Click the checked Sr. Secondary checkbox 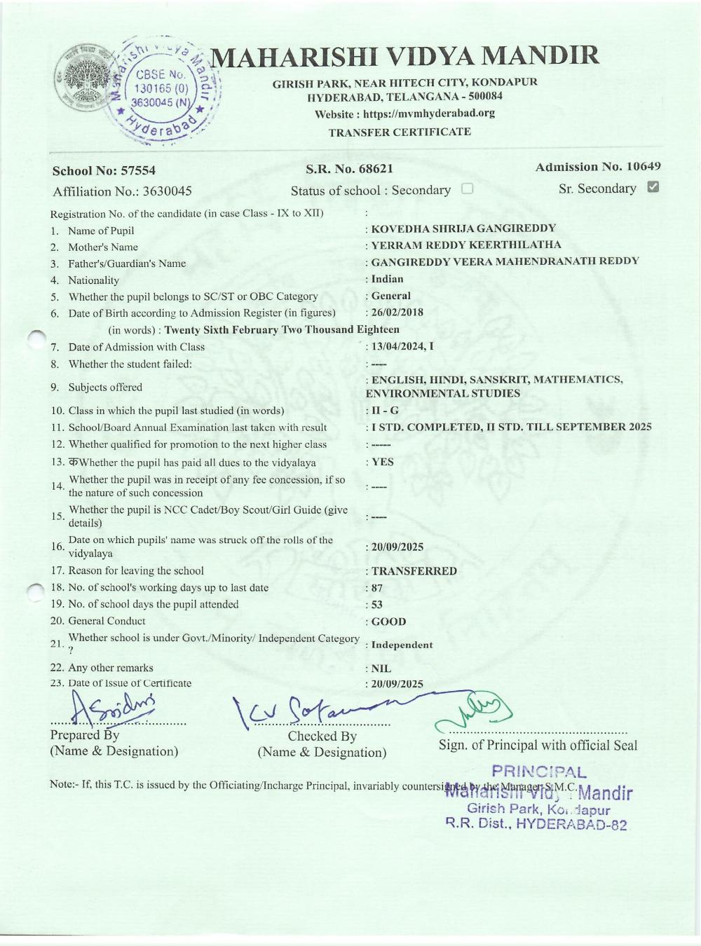[x=653, y=187]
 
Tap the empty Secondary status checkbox [x=468, y=188]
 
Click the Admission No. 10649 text [x=597, y=167]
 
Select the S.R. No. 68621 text [x=349, y=168]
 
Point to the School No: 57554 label [x=104, y=170]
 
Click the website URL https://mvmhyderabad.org [x=428, y=114]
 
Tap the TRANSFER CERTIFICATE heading [x=400, y=132]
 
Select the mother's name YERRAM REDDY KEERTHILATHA [x=465, y=245]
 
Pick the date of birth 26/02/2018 [x=397, y=313]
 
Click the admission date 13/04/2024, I [x=402, y=346]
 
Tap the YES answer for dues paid [x=382, y=462]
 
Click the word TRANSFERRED [x=414, y=571]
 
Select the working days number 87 [x=377, y=588]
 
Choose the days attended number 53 [x=377, y=605]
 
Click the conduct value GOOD [x=388, y=622]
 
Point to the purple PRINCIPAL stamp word [x=539, y=772]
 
